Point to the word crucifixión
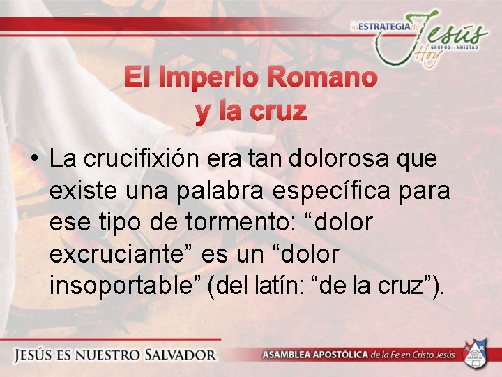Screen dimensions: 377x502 (142, 159)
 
